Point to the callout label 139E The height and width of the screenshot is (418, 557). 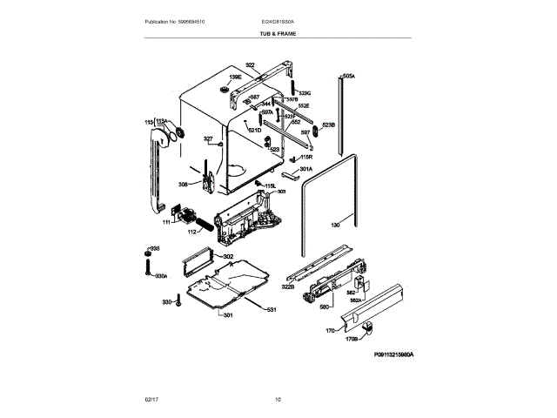pos(235,78)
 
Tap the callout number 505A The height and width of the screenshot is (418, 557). pos(349,77)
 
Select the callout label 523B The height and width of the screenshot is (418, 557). pos(328,125)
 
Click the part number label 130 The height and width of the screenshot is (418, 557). pos(334,226)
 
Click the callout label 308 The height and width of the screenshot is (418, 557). pos(183,184)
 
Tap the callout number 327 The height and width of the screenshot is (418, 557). pos(208,138)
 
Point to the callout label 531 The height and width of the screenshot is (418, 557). pos(271,310)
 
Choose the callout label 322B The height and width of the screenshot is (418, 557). pos(287,287)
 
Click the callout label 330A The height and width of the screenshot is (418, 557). pos(160,276)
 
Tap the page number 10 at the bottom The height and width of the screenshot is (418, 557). pos(278,399)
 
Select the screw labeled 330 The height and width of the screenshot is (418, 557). pos(178,302)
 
